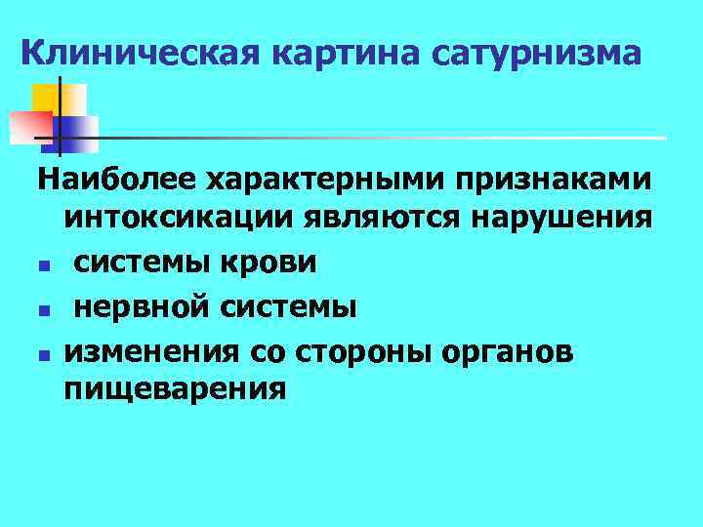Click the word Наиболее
117,181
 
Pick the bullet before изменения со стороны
44,351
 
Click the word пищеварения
176,389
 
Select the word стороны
366,348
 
